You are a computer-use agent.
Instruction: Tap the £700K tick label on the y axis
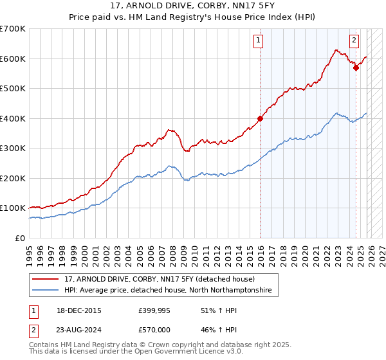click(13, 29)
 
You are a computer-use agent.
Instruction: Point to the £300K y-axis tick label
click(13, 148)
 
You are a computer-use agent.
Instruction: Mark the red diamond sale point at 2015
click(261, 118)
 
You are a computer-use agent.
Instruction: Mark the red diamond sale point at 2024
click(356, 67)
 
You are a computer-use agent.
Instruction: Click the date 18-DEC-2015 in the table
click(78, 310)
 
